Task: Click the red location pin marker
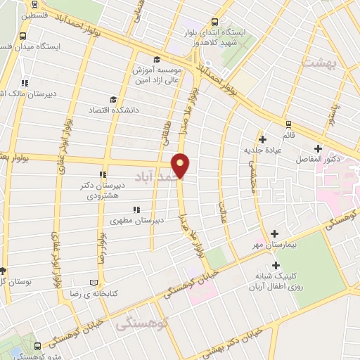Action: click(x=181, y=165)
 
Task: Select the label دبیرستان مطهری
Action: click(x=137, y=220)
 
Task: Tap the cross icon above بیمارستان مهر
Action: click(x=274, y=233)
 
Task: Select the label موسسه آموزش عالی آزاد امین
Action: click(x=156, y=75)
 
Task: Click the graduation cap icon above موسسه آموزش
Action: click(x=156, y=59)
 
